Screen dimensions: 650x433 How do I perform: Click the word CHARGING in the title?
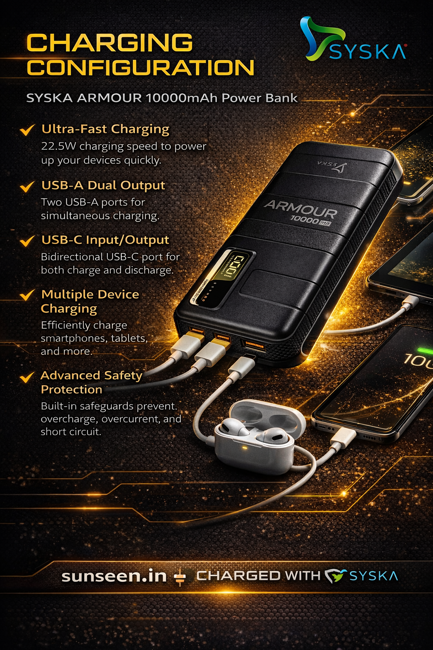[110, 43]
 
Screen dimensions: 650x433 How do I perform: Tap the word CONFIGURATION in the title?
[140, 68]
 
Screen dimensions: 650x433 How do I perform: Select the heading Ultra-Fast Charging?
[105, 129]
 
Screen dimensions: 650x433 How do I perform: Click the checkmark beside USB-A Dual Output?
[27, 186]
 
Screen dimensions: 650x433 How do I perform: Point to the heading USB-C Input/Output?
[105, 240]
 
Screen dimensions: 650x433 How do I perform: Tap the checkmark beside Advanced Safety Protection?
[27, 377]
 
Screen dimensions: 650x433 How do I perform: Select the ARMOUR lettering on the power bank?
[301, 209]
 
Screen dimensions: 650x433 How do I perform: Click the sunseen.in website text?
[114, 576]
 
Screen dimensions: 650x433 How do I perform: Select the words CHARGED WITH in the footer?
[258, 576]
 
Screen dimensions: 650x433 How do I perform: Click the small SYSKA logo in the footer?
[362, 576]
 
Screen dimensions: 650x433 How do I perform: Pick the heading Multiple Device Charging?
[90, 301]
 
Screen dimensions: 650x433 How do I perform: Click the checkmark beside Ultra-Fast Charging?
[27, 130]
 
